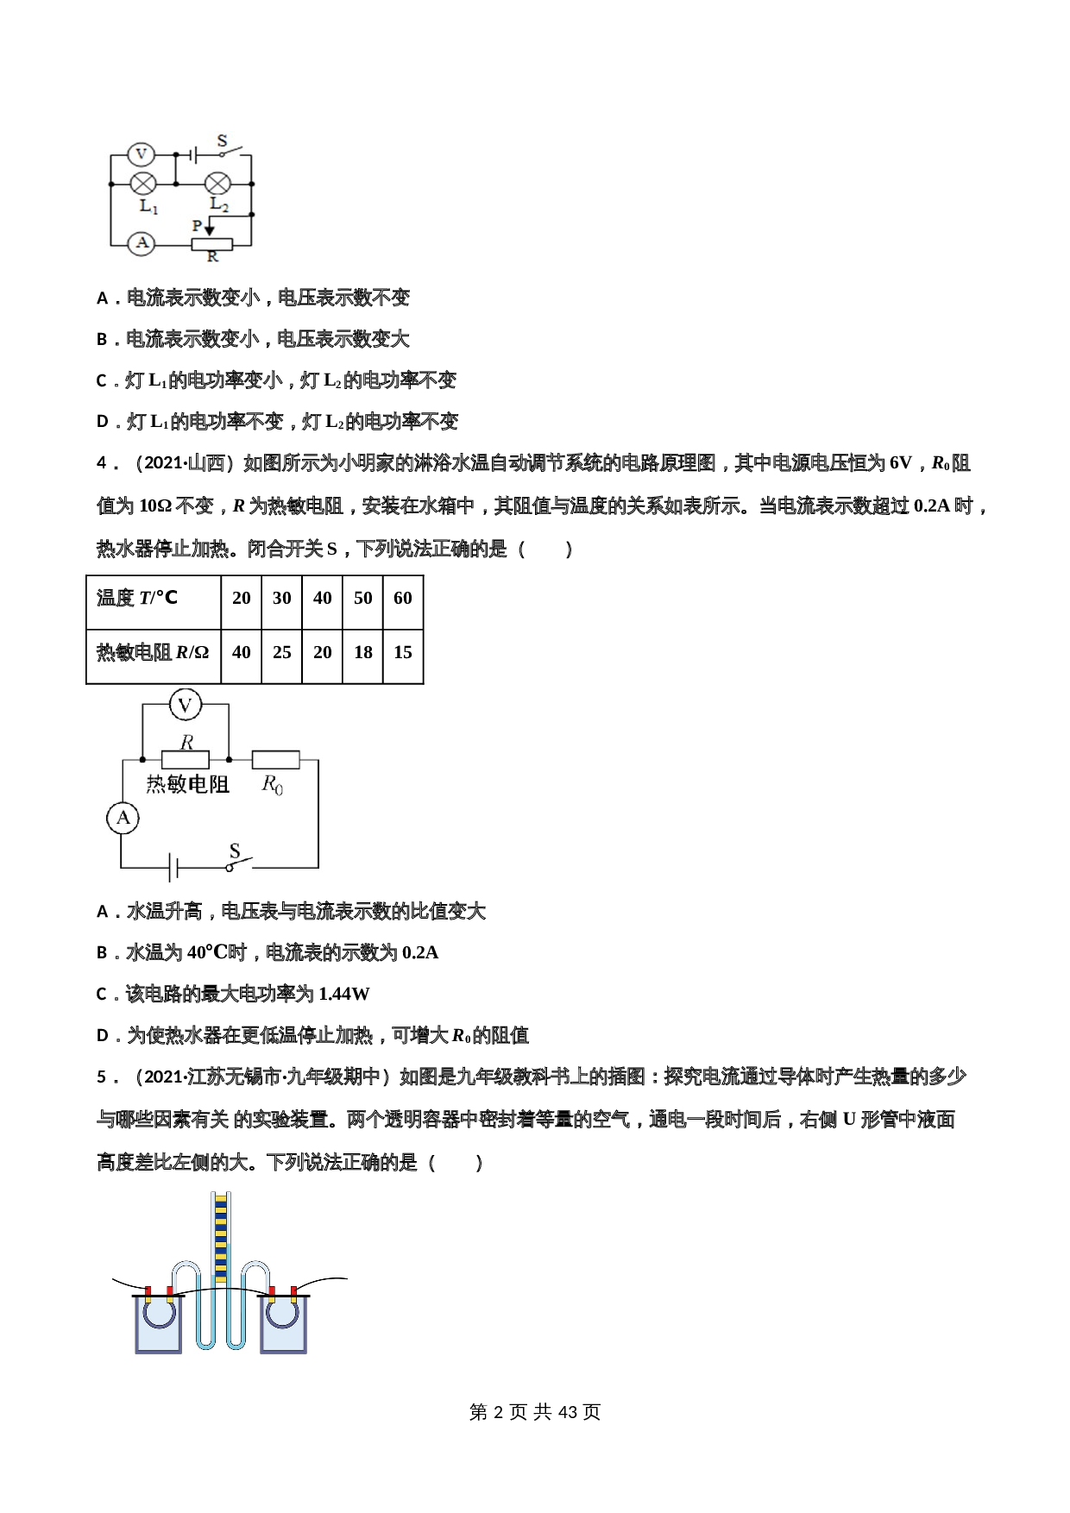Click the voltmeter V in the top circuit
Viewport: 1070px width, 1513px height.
click(x=141, y=154)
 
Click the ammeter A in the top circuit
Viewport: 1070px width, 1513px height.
click(x=142, y=243)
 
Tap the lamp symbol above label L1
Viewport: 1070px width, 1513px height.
click(x=142, y=183)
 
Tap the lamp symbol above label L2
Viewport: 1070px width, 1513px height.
click(x=217, y=183)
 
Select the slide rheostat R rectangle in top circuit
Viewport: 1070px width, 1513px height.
click(x=211, y=244)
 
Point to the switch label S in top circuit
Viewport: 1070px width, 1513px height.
click(x=222, y=141)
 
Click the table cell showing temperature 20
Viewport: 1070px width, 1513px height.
click(x=242, y=599)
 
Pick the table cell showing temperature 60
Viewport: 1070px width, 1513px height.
click(x=403, y=599)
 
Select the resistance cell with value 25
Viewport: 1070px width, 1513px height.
click(x=282, y=653)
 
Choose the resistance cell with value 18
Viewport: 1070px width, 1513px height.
click(x=363, y=653)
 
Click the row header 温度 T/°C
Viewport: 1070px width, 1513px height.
click(x=138, y=599)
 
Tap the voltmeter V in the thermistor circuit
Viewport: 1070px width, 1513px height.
click(x=185, y=706)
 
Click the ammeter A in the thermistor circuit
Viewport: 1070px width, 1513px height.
click(x=123, y=818)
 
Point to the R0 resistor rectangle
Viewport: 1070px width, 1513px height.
click(x=275, y=760)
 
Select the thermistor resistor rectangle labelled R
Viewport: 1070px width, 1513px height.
click(x=186, y=760)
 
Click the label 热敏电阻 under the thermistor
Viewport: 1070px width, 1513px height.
click(x=187, y=784)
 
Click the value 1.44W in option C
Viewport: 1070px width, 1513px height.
click(x=343, y=995)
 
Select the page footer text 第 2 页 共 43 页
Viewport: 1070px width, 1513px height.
click(x=535, y=1412)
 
